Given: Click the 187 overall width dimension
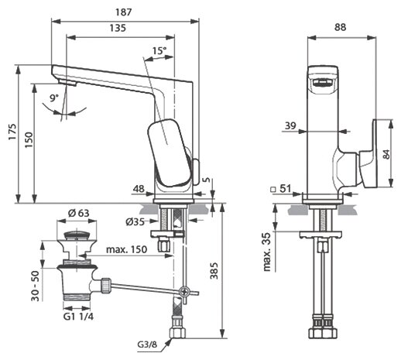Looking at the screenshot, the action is click(123, 12).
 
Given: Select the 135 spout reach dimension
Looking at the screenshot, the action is click(118, 28).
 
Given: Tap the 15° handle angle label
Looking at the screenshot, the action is click(159, 50).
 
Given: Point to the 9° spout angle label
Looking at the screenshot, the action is click(54, 98).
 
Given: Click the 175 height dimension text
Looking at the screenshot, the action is click(12, 132).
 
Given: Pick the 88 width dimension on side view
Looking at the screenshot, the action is click(341, 27).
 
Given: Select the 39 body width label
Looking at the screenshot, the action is click(290, 125).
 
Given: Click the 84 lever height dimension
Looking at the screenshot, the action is click(386, 154).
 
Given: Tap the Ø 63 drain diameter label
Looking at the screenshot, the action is click(78, 213).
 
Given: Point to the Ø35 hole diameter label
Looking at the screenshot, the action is click(135, 221).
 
